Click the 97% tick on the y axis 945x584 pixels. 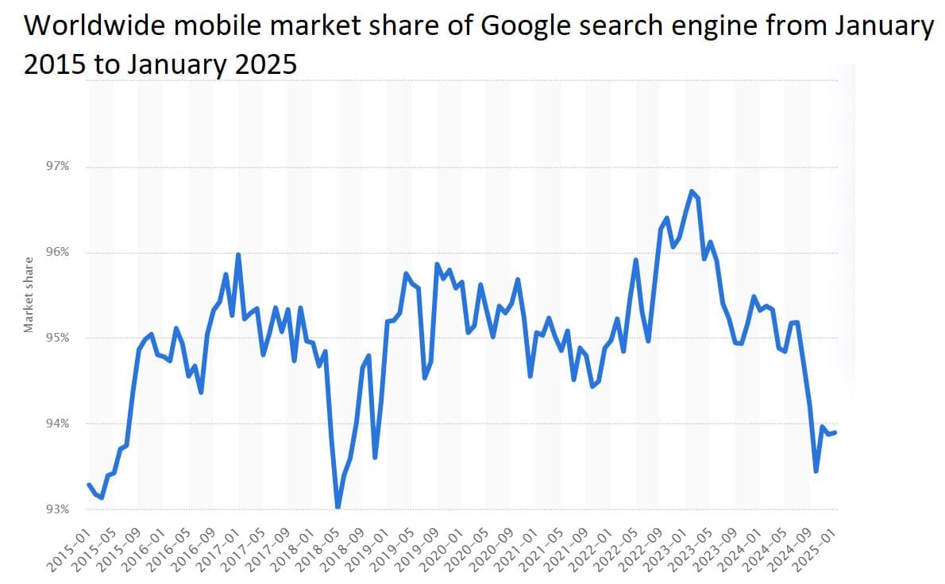click(x=60, y=167)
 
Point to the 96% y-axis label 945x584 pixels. click(x=60, y=253)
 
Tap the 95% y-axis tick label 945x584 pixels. click(x=60, y=338)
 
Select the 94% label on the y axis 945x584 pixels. click(x=60, y=423)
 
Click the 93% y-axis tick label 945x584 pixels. click(x=60, y=509)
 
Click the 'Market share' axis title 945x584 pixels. click(x=29, y=295)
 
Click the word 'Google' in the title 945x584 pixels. click(x=525, y=27)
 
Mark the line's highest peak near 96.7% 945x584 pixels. click(x=692, y=191)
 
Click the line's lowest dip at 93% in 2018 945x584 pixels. click(x=337, y=507)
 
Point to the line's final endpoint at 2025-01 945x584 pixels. click(x=835, y=432)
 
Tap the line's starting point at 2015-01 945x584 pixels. click(x=89, y=485)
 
